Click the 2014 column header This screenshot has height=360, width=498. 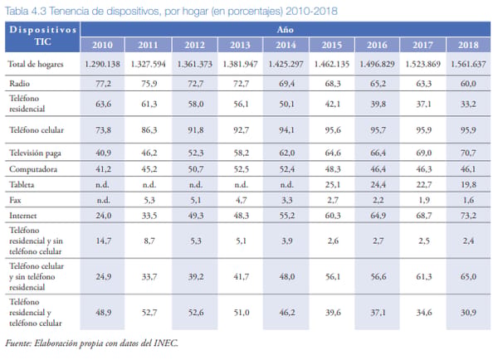(286, 45)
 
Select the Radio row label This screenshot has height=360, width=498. (19, 84)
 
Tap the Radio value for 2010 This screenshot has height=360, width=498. (103, 84)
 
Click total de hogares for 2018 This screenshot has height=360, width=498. (468, 64)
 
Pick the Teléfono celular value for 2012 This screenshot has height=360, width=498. (195, 130)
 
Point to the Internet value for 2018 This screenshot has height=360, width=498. (468, 216)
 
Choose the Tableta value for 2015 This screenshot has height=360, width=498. (333, 184)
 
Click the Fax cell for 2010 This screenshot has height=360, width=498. (103, 200)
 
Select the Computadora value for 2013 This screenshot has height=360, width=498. (241, 169)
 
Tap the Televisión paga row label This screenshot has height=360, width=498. (35, 153)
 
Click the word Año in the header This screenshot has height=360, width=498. (285, 30)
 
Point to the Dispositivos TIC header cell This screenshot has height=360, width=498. (42, 36)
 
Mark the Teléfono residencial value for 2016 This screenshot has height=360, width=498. (378, 105)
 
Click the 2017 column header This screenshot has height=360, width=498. (422, 45)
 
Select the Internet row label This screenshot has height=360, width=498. (23, 216)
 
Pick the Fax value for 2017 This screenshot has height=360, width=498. (424, 200)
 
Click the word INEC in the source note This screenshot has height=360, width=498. (166, 343)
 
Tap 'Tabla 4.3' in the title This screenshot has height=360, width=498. (26, 12)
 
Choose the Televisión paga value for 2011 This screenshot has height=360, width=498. (149, 153)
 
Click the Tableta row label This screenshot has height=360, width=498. (22, 184)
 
